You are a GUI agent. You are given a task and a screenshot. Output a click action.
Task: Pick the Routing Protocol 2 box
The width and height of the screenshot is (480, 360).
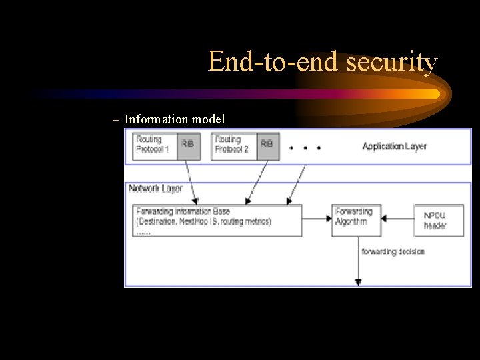[234, 145]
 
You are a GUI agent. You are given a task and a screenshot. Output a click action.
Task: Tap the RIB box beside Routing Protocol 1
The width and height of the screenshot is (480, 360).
[190, 145]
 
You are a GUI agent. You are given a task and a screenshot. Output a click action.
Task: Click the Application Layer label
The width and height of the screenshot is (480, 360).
[394, 146]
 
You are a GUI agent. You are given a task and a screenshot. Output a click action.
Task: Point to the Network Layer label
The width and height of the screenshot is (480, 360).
[155, 189]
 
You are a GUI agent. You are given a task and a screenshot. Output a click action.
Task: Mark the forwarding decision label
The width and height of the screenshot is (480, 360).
[393, 251]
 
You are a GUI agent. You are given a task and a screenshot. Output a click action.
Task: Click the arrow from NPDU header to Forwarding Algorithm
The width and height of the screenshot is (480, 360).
[398, 217]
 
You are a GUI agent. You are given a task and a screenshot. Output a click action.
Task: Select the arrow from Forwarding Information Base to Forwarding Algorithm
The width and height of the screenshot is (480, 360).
[317, 217]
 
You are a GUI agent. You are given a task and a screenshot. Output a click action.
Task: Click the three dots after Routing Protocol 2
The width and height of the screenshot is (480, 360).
[305, 148]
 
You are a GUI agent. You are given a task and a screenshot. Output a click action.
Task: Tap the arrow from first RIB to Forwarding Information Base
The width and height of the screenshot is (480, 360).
[190, 181]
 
